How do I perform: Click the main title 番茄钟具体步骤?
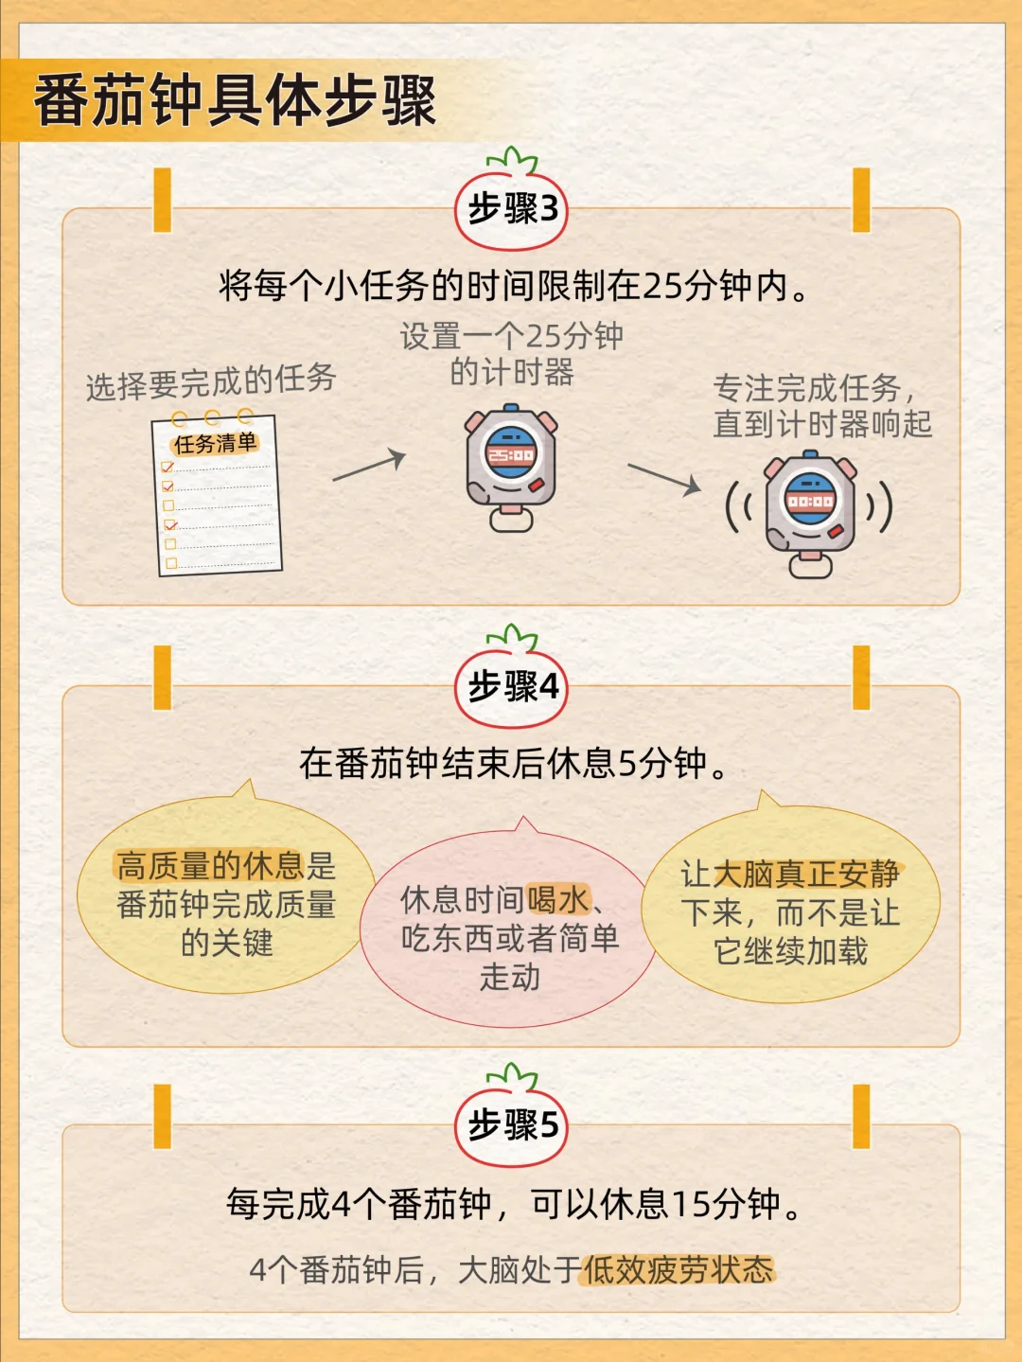[x=235, y=101]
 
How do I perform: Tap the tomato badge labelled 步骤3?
[x=512, y=208]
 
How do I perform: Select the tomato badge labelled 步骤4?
[x=512, y=685]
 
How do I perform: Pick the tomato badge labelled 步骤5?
[x=512, y=1123]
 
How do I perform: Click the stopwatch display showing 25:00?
[x=510, y=455]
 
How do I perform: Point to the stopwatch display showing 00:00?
[x=811, y=500]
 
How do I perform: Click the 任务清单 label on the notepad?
[x=215, y=443]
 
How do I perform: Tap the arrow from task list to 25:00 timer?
[x=369, y=466]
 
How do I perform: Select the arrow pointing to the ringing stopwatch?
[x=664, y=479]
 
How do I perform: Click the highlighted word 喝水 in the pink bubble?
[x=557, y=900]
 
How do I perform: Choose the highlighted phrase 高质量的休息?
[x=210, y=865]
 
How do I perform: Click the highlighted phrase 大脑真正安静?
[x=806, y=874]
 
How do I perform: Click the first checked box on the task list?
[x=167, y=467]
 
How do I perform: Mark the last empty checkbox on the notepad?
[x=172, y=563]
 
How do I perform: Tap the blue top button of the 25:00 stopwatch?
[x=511, y=408]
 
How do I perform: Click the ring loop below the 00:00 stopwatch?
[x=811, y=567]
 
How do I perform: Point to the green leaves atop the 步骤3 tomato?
[x=512, y=160]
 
